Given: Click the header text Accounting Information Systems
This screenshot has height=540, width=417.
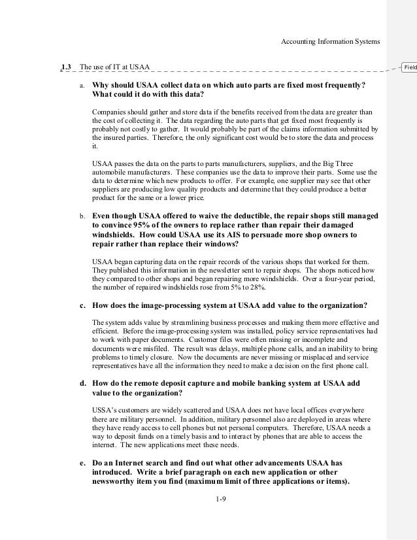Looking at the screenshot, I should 330,42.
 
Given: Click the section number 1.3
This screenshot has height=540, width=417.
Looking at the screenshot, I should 66,67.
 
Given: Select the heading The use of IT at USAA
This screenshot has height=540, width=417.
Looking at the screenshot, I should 114,67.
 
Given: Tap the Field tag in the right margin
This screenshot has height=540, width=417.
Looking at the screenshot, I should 410,67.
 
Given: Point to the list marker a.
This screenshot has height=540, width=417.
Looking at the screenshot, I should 81,86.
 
